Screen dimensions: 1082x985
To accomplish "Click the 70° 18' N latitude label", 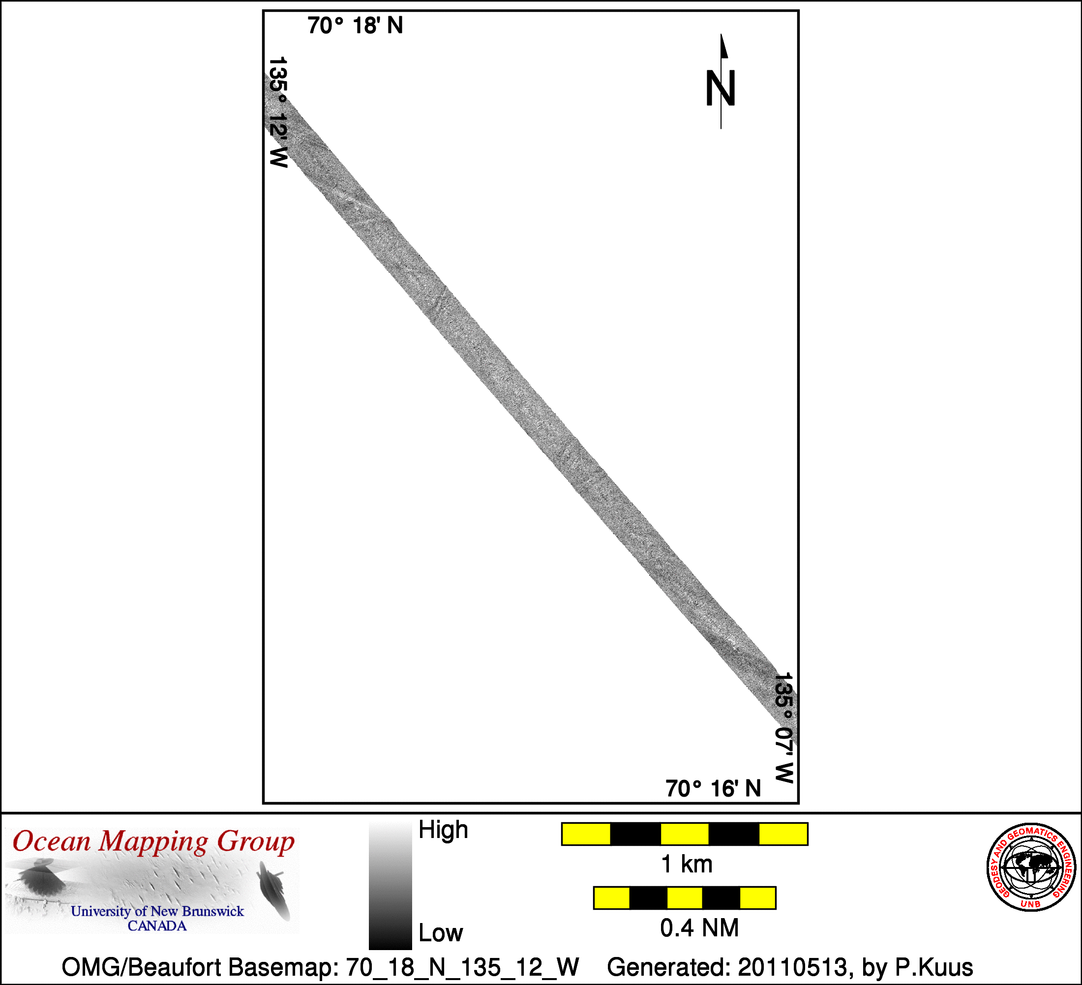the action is [355, 26].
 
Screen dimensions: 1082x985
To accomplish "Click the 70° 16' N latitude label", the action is [713, 788].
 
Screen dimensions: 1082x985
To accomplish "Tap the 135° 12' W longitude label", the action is [278, 112].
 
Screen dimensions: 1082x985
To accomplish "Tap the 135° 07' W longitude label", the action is [784, 727].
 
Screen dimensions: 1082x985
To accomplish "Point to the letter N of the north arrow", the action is [720, 88].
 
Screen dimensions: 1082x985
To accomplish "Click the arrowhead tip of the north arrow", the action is [721, 34].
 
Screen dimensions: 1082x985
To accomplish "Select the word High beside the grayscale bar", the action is [443, 830].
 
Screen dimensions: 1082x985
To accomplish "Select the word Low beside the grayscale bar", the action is [441, 933].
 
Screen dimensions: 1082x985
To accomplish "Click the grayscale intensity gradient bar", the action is [390, 885].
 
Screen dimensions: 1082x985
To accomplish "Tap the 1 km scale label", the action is [687, 864].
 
